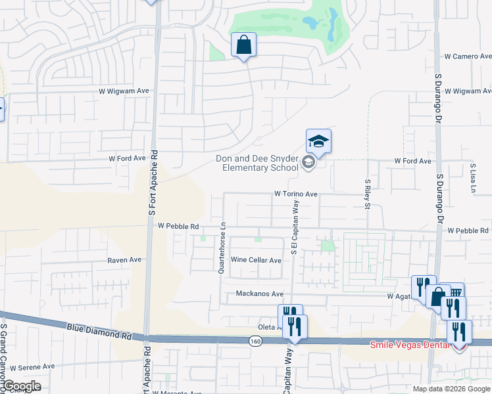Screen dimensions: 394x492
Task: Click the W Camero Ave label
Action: [466, 56]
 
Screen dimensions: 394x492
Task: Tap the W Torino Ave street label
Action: [296, 194]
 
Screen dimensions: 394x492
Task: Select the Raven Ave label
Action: [124, 260]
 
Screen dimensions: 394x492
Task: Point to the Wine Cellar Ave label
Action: [256, 261]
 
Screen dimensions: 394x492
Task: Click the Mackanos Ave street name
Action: [259, 294]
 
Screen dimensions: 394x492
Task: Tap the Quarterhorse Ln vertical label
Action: [222, 237]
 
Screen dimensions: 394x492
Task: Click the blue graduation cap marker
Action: [318, 141]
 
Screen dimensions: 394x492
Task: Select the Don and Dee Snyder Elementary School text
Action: [258, 163]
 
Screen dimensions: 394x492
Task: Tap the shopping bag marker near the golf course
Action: [243, 45]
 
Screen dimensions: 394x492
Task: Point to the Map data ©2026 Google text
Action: [451, 389]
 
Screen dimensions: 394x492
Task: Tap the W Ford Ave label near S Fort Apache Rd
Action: [126, 158]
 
